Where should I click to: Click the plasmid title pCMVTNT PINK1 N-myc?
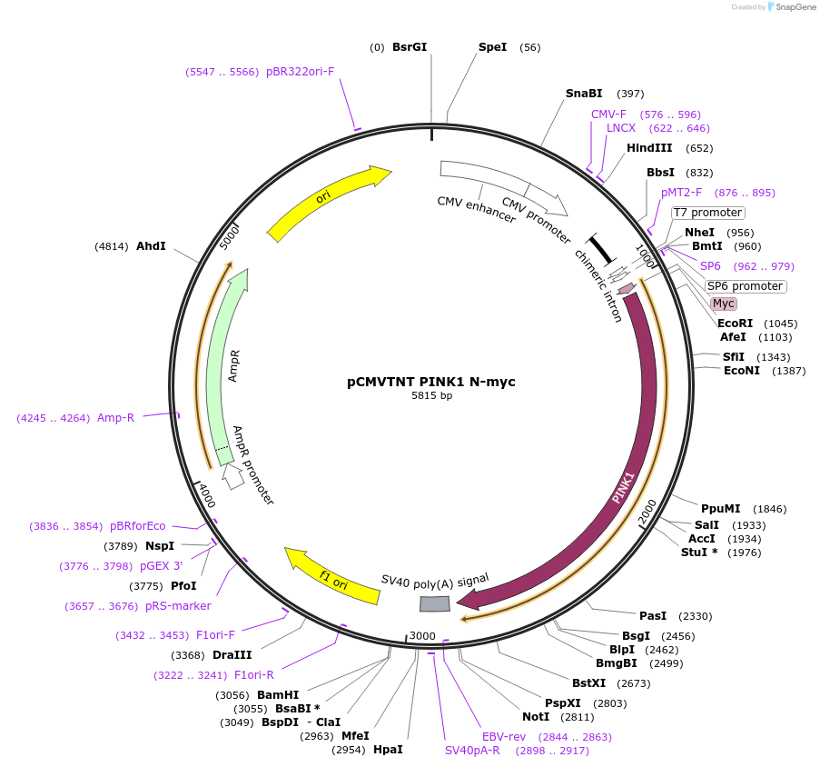(x=431, y=382)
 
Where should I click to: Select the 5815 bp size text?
(x=431, y=396)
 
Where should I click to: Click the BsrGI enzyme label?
(x=409, y=47)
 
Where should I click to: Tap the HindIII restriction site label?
(x=649, y=148)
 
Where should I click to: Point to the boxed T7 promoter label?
(x=707, y=213)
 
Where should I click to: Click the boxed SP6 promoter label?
(x=745, y=286)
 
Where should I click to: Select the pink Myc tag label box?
(x=723, y=304)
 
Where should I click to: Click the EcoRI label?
(x=735, y=324)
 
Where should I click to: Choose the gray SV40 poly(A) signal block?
(x=434, y=604)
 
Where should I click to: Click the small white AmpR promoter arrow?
(x=233, y=476)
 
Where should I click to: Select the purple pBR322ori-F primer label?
(x=300, y=71)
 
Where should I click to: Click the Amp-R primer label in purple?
(x=115, y=418)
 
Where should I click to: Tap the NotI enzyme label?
(x=536, y=717)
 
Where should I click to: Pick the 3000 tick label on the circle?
(x=422, y=635)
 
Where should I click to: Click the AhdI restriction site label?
(x=151, y=246)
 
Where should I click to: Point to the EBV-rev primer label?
(x=504, y=736)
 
